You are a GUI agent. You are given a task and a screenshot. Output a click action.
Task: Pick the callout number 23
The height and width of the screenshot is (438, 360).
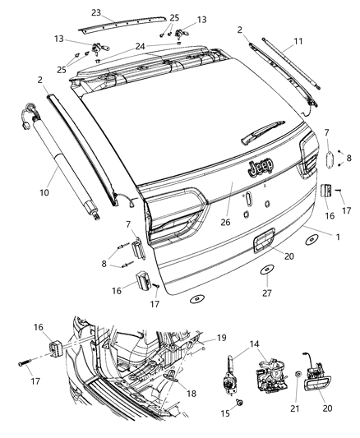point(96,13)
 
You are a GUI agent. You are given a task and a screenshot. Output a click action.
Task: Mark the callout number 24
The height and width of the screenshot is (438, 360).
point(141,47)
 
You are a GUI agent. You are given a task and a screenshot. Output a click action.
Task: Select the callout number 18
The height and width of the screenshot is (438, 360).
point(192,394)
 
